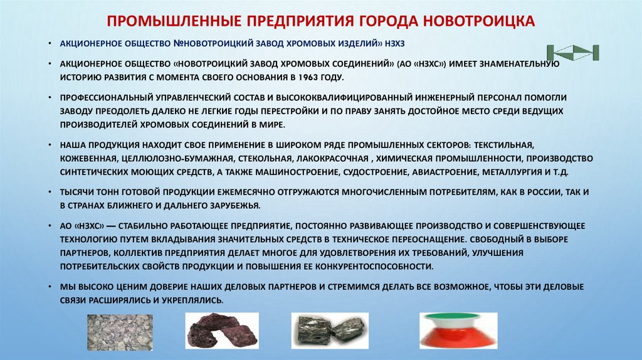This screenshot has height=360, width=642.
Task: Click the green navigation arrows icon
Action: click(x=573, y=53)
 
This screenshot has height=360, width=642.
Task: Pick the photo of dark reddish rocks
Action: click(x=222, y=331)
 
